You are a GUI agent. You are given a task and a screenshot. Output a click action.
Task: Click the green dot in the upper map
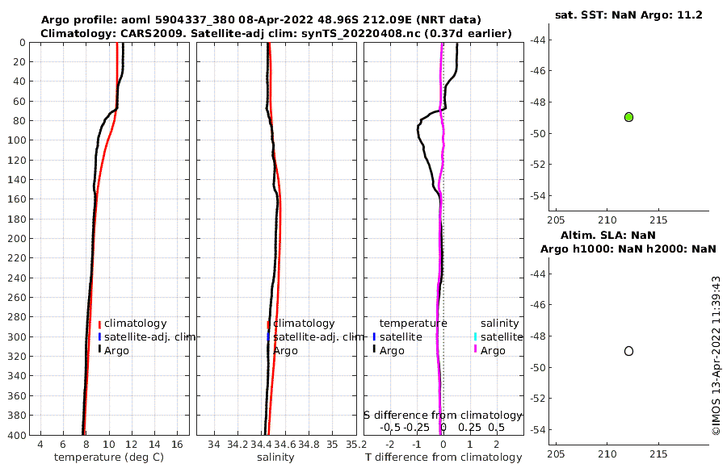tap(628, 117)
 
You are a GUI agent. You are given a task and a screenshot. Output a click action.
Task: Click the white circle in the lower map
tap(628, 351)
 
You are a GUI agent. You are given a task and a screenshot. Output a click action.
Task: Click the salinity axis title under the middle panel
tap(275, 458)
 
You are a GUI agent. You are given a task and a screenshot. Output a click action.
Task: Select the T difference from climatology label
tap(443, 458)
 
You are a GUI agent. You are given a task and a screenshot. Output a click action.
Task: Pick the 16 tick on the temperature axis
tap(175, 444)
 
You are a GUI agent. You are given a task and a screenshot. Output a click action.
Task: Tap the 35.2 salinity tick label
tap(353, 444)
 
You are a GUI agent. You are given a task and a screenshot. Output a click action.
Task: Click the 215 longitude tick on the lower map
tap(658, 453)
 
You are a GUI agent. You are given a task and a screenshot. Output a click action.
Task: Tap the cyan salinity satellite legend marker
tap(476, 336)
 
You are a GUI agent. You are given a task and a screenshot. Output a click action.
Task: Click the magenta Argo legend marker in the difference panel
tap(476, 350)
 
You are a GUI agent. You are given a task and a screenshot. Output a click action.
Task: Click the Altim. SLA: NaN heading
tap(628, 235)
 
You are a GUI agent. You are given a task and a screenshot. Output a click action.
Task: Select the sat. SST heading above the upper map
tap(593, 15)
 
